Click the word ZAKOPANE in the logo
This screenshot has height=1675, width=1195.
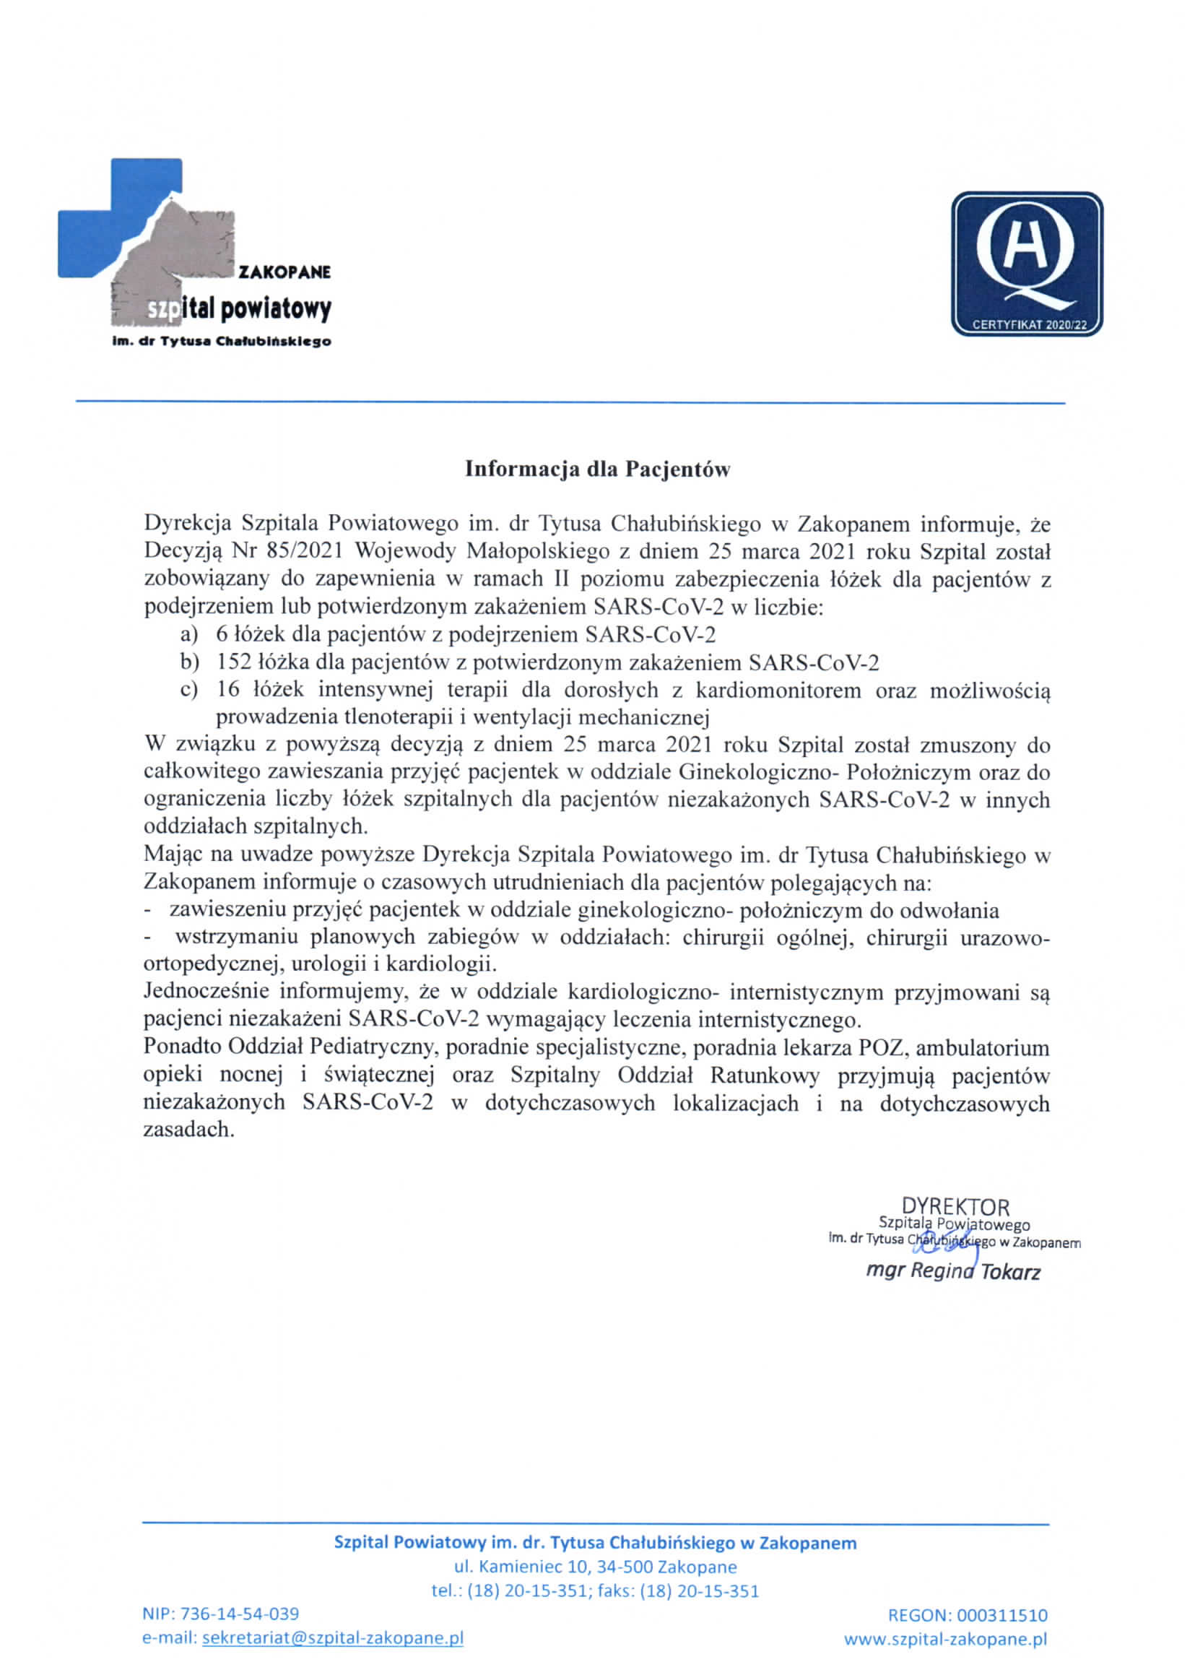(284, 272)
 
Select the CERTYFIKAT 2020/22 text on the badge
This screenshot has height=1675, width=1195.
(1027, 324)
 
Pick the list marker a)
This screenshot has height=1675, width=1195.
(189, 634)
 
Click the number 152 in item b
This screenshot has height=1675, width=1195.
(234, 662)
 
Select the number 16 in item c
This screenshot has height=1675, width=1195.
(228, 691)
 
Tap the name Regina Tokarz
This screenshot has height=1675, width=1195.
(954, 1271)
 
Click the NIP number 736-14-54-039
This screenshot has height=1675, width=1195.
(239, 1614)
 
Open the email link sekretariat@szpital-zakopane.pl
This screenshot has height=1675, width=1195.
(333, 1638)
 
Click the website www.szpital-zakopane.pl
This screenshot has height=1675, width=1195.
(945, 1639)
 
